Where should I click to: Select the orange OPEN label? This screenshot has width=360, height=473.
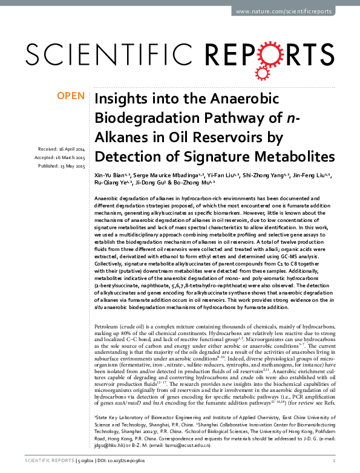(70, 96)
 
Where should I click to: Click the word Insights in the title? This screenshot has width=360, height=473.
(119, 99)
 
